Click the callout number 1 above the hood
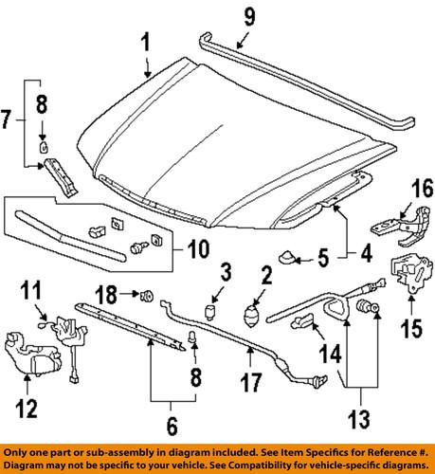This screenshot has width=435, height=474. tap(146, 43)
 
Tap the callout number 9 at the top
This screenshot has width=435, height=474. tap(249, 16)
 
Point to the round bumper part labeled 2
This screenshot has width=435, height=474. tap(252, 316)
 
